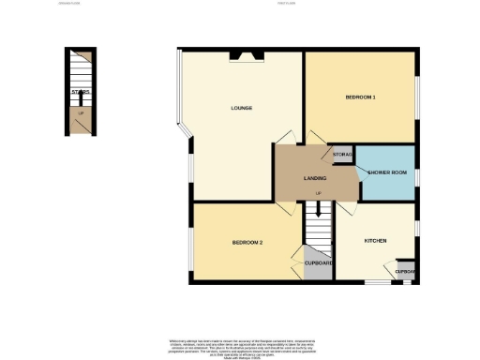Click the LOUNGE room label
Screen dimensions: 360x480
[x=241, y=108]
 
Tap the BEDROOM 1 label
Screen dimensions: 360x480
[x=360, y=97]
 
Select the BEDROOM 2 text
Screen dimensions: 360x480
[x=247, y=243]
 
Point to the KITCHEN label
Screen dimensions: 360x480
[x=376, y=241]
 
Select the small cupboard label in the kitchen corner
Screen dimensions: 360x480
[x=405, y=272]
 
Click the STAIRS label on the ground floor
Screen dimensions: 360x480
[x=82, y=92]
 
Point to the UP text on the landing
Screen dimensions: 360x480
[x=319, y=194]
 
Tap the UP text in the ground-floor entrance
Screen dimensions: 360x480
[x=82, y=113]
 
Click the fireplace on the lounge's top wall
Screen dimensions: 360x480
[x=249, y=54]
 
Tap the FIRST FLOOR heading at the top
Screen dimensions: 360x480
[x=287, y=4]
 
